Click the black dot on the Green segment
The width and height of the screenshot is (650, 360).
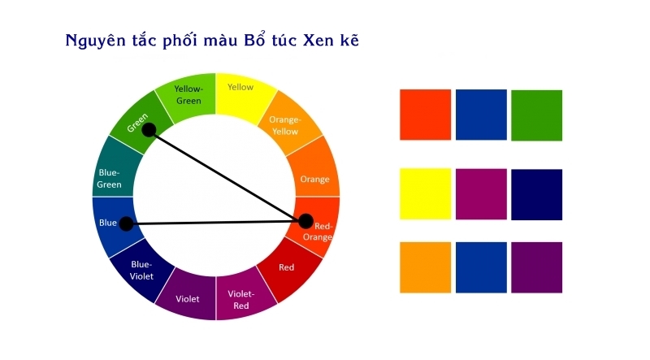pos(149,130)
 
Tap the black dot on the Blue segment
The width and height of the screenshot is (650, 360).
pos(127,224)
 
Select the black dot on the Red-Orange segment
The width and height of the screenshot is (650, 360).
pos(305,222)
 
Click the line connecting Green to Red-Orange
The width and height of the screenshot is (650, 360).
pos(227,176)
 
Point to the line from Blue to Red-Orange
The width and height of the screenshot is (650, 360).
pos(216,223)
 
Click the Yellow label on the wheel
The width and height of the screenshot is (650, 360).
pos(240,87)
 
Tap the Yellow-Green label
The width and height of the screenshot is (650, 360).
pos(188,94)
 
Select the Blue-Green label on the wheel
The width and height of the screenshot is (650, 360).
pos(109,178)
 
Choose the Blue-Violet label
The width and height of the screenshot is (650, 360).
pos(141,270)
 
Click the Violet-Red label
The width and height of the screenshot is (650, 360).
pos(240,299)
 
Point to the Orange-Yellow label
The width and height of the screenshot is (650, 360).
pos(285,125)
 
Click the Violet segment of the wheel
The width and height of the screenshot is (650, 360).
pos(187,294)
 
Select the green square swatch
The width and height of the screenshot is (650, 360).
pos(537,115)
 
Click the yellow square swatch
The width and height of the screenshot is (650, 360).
pos(425,193)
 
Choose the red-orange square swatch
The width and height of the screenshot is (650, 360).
pos(425,115)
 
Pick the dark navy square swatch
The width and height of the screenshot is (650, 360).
pos(537,194)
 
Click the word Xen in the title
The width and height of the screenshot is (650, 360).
pos(318,41)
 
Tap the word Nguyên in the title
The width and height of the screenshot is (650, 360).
pos(95,41)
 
